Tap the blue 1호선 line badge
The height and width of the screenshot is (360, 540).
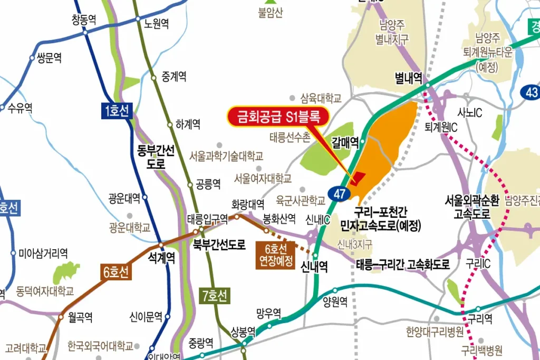tap(116, 111)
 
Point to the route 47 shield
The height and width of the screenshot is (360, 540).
tap(340, 193)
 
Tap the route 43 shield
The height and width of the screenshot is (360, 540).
tap(531, 92)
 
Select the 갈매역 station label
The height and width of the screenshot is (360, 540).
tap(345, 141)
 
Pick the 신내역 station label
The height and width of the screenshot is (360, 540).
tap(314, 267)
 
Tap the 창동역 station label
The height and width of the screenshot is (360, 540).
tap(84, 20)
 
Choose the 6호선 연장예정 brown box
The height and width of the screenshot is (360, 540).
tap(275, 255)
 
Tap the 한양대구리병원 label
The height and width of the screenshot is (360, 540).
tap(435, 332)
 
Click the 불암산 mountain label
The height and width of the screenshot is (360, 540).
tap(271, 13)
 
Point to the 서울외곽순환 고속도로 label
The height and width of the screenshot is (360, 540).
tap(468, 207)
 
